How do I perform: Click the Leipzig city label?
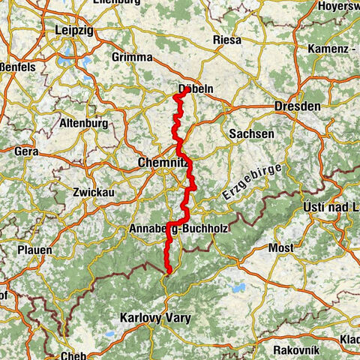[x=74, y=31]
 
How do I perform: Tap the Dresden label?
[x=298, y=106]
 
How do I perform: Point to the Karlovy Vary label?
[x=155, y=318]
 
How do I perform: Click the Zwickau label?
[x=93, y=192]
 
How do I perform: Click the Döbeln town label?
[x=196, y=88]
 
